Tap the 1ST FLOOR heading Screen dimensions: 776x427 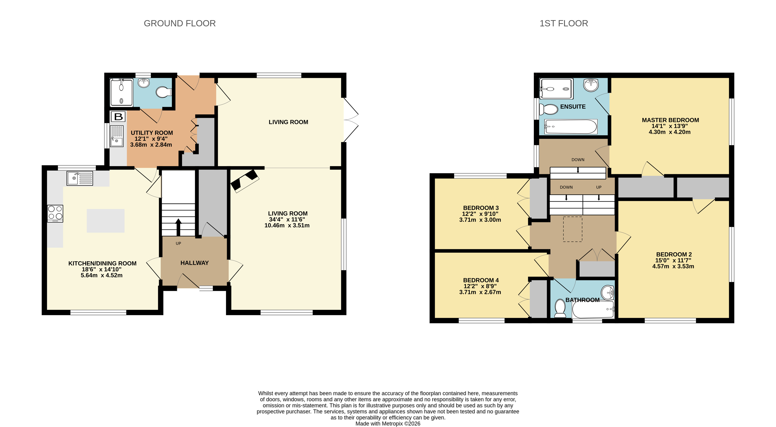pyautogui.click(x=564, y=23)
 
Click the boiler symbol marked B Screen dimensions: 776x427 pyautogui.click(x=118, y=116)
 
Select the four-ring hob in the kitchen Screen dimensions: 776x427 pyautogui.click(x=55, y=213)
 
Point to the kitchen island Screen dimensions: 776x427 pyautogui.click(x=105, y=220)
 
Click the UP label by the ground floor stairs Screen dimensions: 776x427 pyautogui.click(x=178, y=243)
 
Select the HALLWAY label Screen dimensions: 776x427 pyautogui.click(x=194, y=263)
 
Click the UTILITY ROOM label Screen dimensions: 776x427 pyautogui.click(x=152, y=133)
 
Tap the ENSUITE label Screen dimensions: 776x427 pyautogui.click(x=573, y=107)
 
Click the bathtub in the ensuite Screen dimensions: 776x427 pyautogui.click(x=571, y=127)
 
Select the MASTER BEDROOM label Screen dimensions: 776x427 pyautogui.click(x=670, y=120)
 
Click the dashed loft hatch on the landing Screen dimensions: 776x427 pyautogui.click(x=572, y=229)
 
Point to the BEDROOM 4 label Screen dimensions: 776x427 pyautogui.click(x=481, y=280)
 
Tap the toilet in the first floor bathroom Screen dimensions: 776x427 pyautogui.click(x=560, y=308)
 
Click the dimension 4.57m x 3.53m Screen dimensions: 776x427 pyautogui.click(x=673, y=266)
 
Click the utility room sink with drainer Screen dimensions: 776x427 pyautogui.click(x=117, y=136)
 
